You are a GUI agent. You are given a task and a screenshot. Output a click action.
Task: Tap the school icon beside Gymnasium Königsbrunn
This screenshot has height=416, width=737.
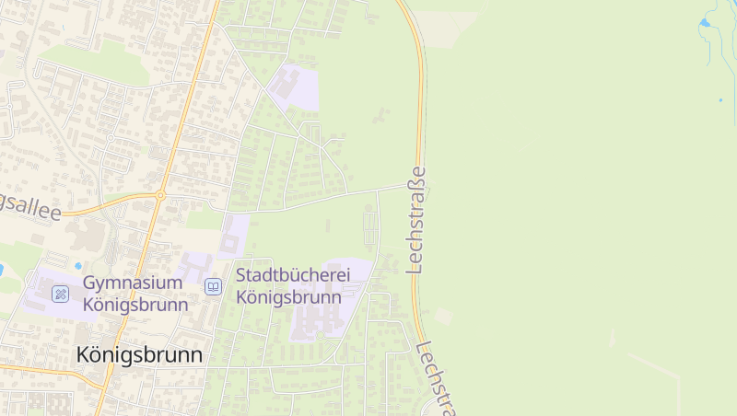(x=61, y=294)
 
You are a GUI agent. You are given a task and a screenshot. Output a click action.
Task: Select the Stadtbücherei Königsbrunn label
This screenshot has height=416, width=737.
(x=289, y=285)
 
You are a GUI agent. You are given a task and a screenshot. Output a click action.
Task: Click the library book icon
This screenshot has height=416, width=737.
(x=213, y=287)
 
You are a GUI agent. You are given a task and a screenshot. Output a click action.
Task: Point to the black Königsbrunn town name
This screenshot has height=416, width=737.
(x=139, y=354)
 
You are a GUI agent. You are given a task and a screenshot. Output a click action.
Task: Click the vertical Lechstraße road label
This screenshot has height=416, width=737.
(x=417, y=220)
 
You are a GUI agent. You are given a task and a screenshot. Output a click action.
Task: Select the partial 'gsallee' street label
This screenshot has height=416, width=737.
(x=31, y=209)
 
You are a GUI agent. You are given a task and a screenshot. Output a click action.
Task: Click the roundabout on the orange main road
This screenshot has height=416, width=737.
(x=159, y=194)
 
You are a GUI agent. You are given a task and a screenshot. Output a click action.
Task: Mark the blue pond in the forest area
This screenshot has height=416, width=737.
(x=706, y=21)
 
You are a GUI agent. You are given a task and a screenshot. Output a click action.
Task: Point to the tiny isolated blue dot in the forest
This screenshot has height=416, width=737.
(x=719, y=98)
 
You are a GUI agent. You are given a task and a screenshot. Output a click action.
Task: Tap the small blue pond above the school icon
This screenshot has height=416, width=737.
(x=1, y=270)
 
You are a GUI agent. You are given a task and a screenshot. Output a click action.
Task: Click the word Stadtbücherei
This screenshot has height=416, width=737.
(x=288, y=275)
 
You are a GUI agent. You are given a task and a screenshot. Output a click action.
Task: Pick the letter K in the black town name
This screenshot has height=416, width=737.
(x=84, y=354)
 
